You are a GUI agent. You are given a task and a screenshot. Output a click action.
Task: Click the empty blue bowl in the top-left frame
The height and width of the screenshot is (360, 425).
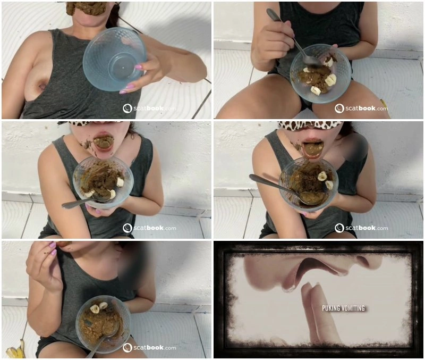pos(114,59)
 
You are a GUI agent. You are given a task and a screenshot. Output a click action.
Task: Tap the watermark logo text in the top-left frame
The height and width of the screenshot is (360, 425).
pos(149,108)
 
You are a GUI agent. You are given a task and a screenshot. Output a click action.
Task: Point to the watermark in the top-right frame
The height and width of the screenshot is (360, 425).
pos(361,108)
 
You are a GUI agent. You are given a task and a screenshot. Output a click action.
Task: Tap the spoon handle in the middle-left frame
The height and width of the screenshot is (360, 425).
pos(79,203)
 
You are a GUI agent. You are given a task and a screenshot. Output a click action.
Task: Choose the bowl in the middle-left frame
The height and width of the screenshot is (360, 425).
pos(103,182)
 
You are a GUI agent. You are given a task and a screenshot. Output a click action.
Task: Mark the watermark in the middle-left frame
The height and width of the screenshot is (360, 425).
pos(149,228)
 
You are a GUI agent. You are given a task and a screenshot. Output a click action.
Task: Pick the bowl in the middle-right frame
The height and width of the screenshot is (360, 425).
pos(309,185)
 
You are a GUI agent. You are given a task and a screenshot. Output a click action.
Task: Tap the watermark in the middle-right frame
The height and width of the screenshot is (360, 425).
pos(361,228)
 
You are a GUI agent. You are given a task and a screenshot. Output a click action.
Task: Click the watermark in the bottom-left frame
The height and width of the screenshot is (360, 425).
pos(149,348)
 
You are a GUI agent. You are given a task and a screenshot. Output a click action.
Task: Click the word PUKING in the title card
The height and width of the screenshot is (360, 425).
pos(331,308)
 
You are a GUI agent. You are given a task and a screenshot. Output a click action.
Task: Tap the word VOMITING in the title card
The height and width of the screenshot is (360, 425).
pos(353,308)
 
